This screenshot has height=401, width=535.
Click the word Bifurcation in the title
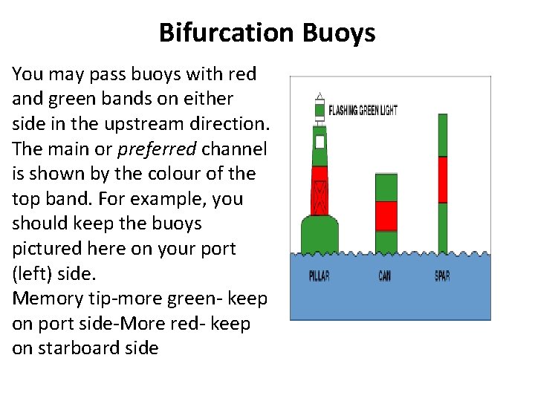click(x=227, y=33)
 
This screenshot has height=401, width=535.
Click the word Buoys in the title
click(x=339, y=33)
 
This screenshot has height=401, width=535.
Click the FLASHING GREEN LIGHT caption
click(x=363, y=111)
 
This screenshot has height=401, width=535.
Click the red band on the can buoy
click(x=386, y=215)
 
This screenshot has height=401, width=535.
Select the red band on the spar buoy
click(x=442, y=179)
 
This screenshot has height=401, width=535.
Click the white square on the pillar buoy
click(x=320, y=140)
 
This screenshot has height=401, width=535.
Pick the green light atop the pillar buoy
click(x=320, y=110)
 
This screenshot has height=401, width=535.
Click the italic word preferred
click(x=156, y=149)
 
